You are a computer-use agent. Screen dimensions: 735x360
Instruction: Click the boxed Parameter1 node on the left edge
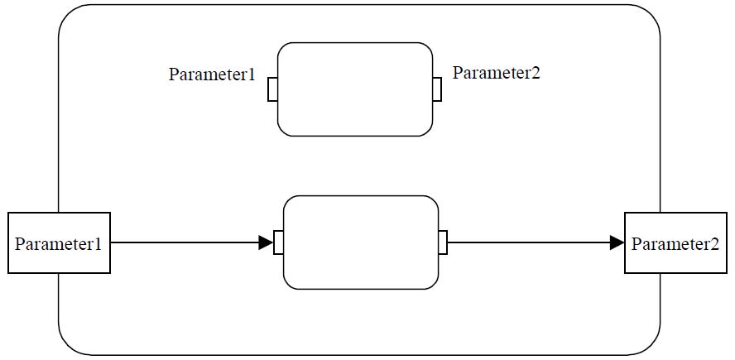(x=59, y=242)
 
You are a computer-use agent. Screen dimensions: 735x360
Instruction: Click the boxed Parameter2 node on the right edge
(x=675, y=242)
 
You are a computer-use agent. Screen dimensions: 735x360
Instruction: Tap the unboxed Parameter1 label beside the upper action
(x=212, y=75)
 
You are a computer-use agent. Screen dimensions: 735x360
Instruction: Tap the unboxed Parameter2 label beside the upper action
(x=496, y=73)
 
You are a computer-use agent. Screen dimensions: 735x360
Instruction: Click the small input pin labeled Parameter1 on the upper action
(x=272, y=89)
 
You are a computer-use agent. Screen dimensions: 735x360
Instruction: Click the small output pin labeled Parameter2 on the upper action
(x=437, y=89)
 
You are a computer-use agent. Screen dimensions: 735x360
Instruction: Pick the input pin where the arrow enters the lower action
(x=278, y=242)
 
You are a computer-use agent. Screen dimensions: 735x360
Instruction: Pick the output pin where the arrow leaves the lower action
(x=443, y=242)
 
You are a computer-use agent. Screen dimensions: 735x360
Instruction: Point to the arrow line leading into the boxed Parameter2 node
(x=536, y=242)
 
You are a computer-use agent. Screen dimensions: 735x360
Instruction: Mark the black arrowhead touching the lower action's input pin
(x=266, y=242)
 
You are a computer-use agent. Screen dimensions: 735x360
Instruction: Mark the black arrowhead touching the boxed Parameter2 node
(x=617, y=242)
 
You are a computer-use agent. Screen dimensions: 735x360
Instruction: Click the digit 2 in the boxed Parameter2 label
(x=714, y=244)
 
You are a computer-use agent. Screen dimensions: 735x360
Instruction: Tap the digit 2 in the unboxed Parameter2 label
(x=536, y=73)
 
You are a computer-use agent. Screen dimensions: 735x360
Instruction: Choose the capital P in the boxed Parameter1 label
(x=19, y=244)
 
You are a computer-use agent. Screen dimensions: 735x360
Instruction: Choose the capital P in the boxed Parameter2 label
(x=637, y=244)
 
